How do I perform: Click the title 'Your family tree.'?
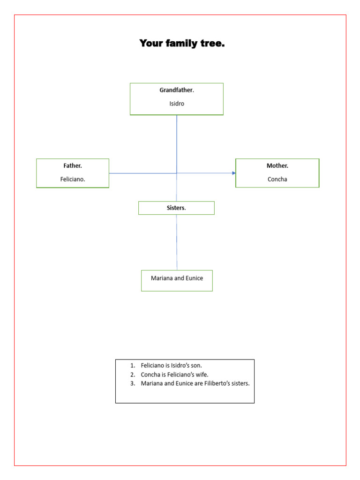(182, 44)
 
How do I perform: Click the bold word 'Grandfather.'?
(177, 90)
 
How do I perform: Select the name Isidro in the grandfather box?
(177, 104)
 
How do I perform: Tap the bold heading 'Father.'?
(73, 165)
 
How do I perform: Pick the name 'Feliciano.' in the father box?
(73, 179)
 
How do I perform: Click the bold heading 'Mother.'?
(277, 165)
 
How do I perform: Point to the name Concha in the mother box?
(277, 179)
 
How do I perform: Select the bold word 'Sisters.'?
(176, 208)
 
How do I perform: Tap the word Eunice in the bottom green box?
(195, 278)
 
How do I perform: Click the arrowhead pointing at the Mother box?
(234, 173)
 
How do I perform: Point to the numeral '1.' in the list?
(133, 365)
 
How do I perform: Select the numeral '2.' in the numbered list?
(133, 375)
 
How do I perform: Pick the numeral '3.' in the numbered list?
(133, 383)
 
